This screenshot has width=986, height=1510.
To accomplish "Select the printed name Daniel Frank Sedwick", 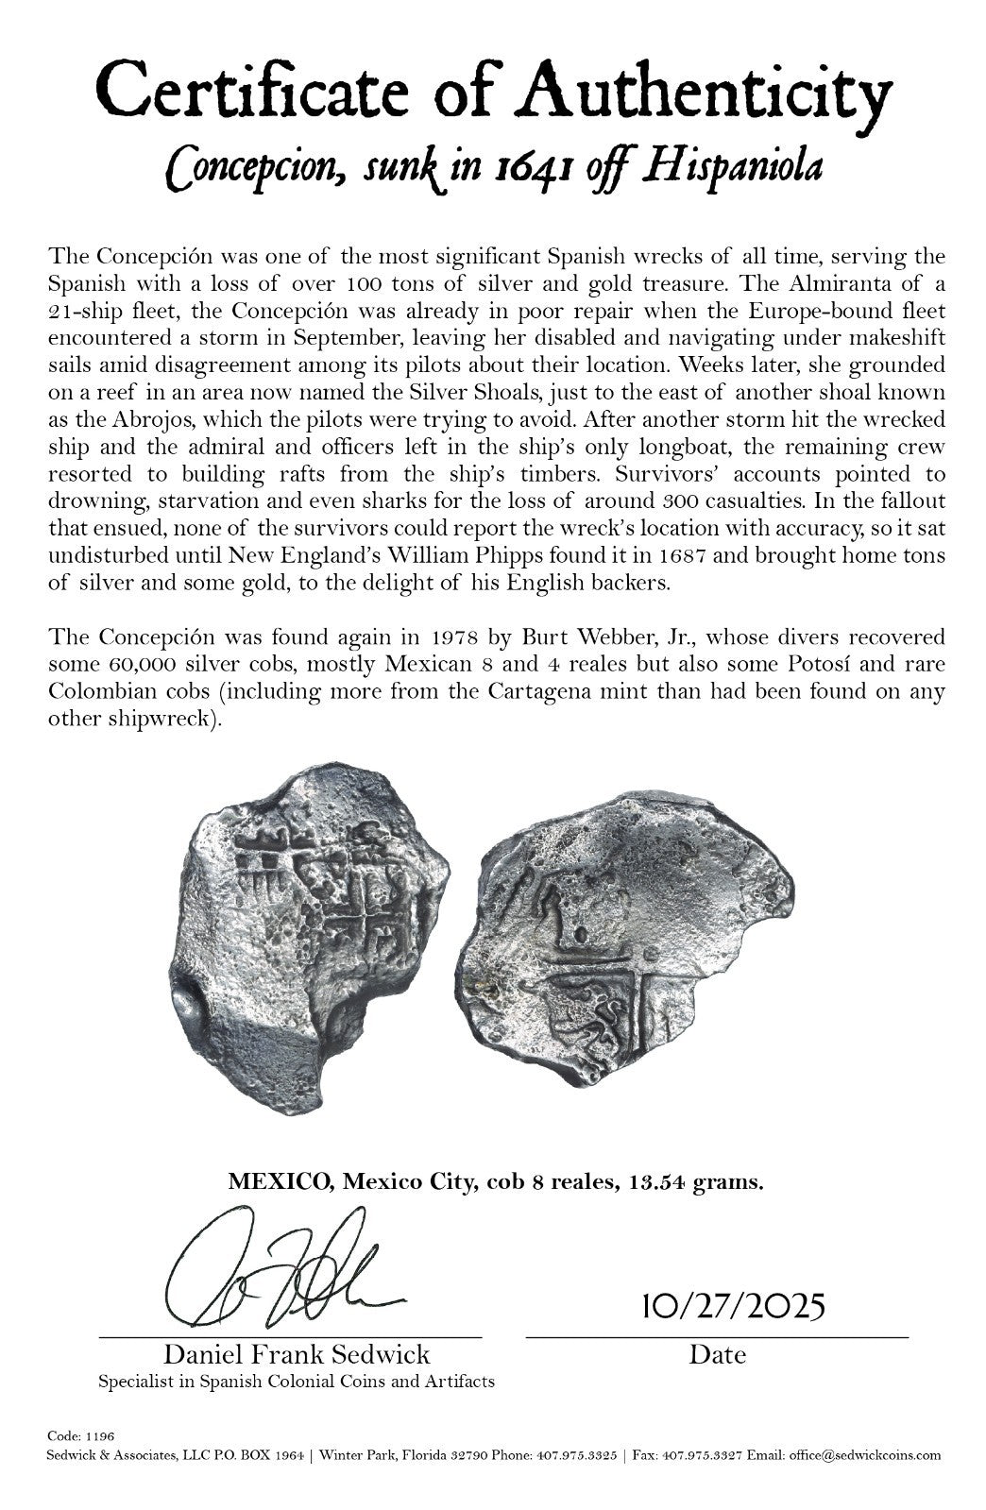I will tap(297, 1354).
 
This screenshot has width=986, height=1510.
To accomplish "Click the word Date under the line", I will tap(717, 1355).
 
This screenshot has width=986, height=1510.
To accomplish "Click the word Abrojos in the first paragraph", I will tap(132, 418).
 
